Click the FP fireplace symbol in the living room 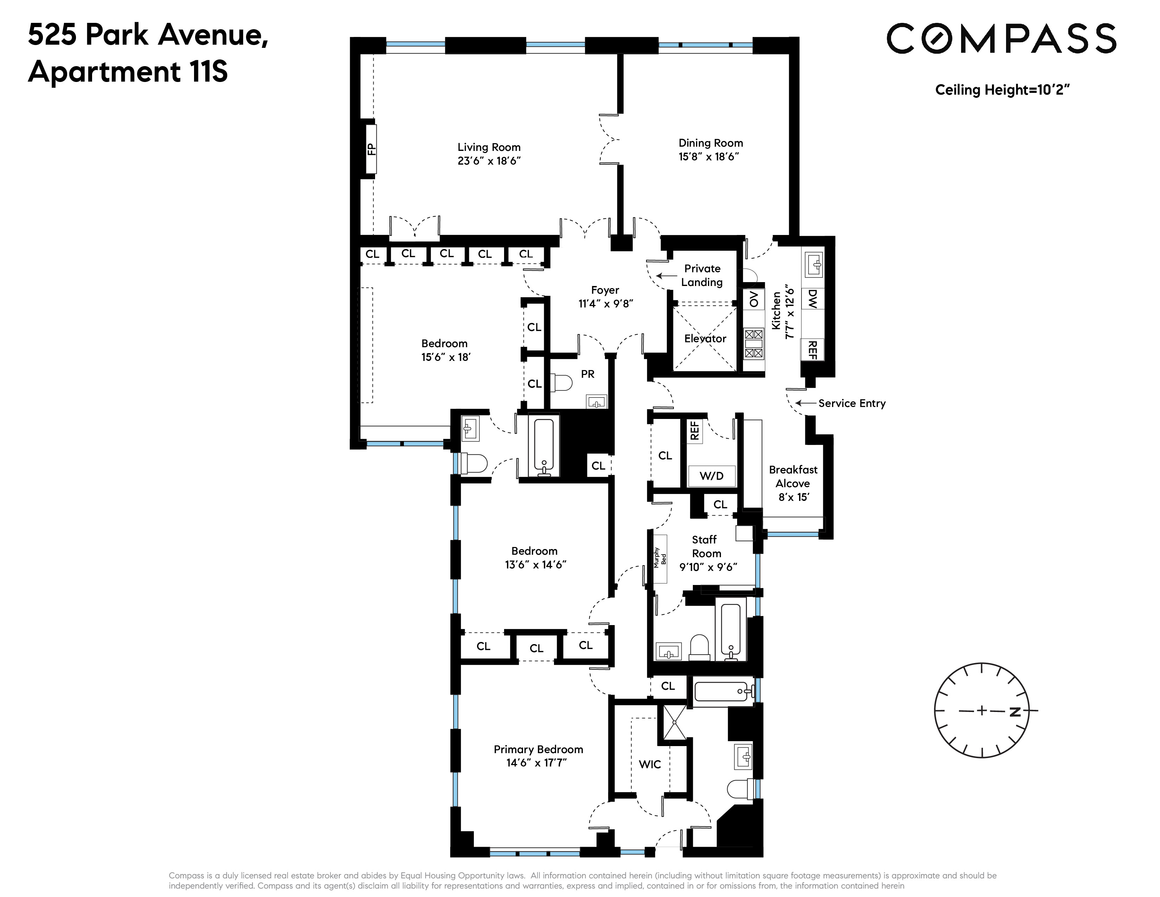click(x=371, y=149)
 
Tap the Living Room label click(x=489, y=147)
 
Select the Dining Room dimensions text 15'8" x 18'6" click(x=709, y=157)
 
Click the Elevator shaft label click(x=705, y=338)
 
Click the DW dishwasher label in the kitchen click(x=812, y=299)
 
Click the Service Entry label click(x=851, y=403)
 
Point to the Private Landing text click(x=702, y=275)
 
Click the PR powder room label click(x=587, y=374)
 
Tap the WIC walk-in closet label click(x=650, y=764)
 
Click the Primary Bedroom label click(x=538, y=749)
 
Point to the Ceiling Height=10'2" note click(x=1002, y=90)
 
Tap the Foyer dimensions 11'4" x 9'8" click(x=606, y=304)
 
